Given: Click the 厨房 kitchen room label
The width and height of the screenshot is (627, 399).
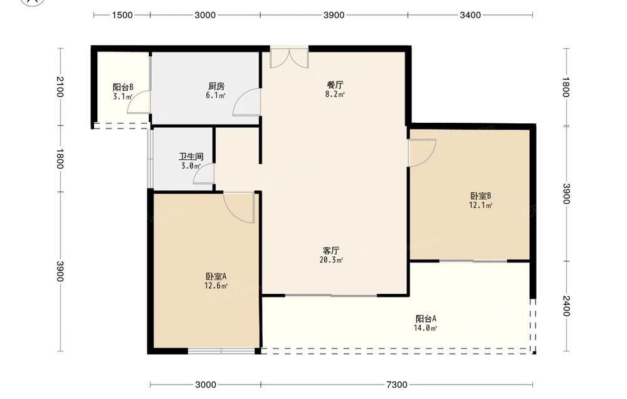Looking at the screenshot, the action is click(216, 86).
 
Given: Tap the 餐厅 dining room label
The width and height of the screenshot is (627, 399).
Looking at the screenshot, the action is click(335, 85).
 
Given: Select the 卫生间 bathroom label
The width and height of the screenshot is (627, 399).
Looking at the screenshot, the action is click(191, 156).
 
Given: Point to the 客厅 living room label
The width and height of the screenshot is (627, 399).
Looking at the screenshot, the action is click(331, 251).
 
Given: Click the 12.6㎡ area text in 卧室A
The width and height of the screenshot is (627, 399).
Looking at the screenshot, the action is click(216, 286).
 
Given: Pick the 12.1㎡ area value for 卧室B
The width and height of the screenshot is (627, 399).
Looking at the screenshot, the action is click(481, 205).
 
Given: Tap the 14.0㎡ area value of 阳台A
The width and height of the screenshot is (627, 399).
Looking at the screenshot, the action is click(426, 328).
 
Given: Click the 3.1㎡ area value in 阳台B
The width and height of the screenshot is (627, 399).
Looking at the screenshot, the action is click(123, 96).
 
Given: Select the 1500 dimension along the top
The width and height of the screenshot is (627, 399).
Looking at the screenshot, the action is click(122, 15).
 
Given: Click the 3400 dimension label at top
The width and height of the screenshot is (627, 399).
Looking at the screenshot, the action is click(470, 15).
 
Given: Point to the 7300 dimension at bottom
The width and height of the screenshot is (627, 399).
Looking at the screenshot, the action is click(397, 385).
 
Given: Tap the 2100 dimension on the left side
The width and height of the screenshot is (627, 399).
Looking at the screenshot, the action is click(60, 86).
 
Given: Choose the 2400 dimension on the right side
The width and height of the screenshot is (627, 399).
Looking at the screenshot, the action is click(566, 306).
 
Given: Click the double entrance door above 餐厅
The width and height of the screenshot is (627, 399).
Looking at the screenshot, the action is click(289, 57).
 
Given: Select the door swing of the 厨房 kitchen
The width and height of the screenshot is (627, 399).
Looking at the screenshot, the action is click(246, 102).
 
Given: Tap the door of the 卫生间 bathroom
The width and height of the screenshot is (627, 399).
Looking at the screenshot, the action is click(204, 174).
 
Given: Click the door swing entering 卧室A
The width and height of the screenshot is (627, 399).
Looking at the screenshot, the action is click(239, 207).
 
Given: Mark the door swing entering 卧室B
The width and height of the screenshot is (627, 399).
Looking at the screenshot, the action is click(421, 153).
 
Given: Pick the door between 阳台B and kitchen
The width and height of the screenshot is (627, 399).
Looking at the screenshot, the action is click(139, 102).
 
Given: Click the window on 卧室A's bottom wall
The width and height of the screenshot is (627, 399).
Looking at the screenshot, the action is click(221, 351).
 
